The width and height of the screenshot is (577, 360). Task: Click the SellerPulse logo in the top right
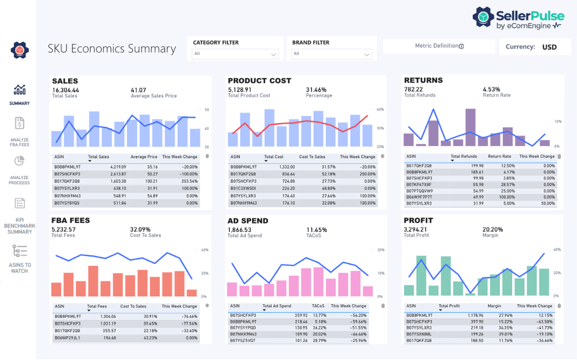(517, 18)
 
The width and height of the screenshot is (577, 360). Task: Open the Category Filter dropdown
(235, 54)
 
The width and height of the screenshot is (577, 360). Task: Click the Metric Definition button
(439, 46)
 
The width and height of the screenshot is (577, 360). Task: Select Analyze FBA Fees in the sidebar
(19, 131)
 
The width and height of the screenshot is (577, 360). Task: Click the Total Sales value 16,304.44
(65, 90)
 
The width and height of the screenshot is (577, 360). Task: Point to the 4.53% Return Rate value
(491, 89)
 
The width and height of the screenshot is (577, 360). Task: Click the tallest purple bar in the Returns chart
(470, 127)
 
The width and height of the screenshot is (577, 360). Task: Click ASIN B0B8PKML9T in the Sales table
(66, 166)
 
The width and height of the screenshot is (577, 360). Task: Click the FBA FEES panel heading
(71, 220)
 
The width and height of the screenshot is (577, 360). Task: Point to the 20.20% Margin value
(493, 229)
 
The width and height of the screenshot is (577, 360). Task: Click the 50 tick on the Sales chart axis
(207, 110)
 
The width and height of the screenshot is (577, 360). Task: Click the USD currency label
(549, 47)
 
